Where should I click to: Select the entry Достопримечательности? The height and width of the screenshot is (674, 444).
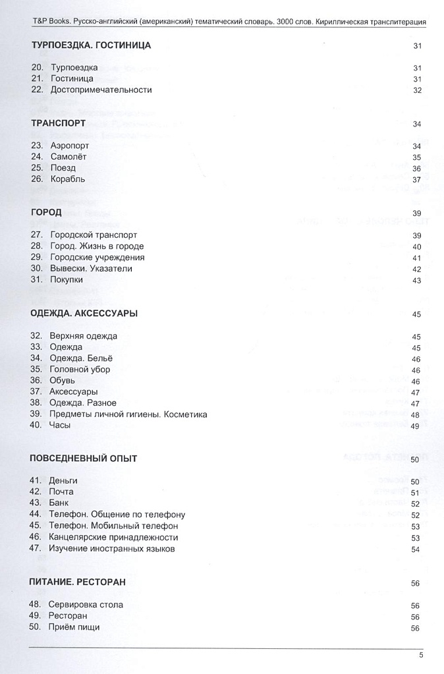coord(101,90)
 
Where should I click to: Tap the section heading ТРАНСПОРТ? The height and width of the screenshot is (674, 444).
coord(59,123)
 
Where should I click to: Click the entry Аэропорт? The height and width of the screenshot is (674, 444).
coord(69,146)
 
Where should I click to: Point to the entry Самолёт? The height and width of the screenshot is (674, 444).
coord(69,157)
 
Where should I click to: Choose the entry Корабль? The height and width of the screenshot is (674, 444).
coord(67,179)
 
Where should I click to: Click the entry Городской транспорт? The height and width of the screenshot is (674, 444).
coord(94,235)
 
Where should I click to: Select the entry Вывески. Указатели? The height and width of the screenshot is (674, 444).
coord(91,268)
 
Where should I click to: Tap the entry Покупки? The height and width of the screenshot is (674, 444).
coord(67,279)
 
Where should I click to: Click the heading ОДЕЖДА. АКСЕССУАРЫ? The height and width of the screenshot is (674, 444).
coord(84,314)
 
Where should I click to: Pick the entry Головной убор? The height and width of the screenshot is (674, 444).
coord(80,369)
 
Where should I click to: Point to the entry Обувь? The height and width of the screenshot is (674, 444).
coord(62,380)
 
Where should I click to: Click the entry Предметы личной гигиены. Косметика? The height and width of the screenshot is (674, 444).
coord(128,414)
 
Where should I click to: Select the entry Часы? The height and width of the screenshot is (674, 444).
coord(59,425)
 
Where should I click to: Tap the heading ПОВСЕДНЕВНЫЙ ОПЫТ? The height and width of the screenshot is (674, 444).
coord(84,459)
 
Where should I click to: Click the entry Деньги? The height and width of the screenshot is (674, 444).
coord(63,481)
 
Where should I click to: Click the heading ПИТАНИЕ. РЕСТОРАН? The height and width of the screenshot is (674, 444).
coord(78,582)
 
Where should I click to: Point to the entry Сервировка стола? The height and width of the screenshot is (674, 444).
coord(85,605)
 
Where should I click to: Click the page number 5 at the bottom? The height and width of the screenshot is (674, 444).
coord(421,655)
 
